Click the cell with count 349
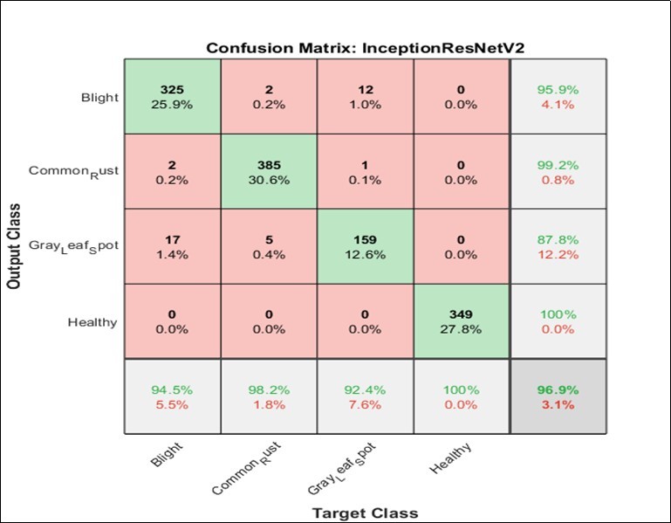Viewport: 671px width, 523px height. pos(458,321)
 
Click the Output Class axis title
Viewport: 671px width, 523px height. pos(15,247)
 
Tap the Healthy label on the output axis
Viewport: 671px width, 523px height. pos(92,322)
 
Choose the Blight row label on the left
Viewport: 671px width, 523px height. pos(99,98)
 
